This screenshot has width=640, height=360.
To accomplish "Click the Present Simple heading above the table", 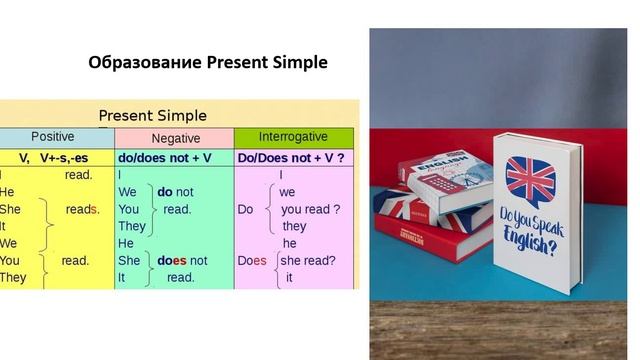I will tap(152, 115).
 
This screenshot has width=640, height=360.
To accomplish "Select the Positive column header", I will tap(52, 137).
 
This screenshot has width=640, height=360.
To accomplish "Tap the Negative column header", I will tap(175, 138).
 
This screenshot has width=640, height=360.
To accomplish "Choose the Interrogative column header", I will tap(293, 136).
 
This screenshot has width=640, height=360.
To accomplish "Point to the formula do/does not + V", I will tap(165, 158).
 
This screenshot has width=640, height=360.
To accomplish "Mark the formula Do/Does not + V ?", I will tap(291, 158).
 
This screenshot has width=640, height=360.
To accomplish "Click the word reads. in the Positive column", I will tap(83, 209).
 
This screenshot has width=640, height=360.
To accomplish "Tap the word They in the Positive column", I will tap(13, 278).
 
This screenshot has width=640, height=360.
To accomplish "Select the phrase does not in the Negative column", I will tap(182, 261).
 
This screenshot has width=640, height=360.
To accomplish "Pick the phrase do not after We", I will tap(175, 192).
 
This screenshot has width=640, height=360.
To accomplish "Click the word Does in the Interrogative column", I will tap(252, 261).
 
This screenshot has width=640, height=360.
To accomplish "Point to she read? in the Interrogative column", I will tap(308, 261).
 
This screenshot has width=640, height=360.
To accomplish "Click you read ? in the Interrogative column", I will tap(310, 209).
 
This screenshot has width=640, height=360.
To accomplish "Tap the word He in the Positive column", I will tap(7, 192).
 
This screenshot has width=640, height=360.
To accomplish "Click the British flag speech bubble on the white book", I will tap(530, 177).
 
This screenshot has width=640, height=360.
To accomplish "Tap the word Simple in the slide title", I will tap(296, 63).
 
